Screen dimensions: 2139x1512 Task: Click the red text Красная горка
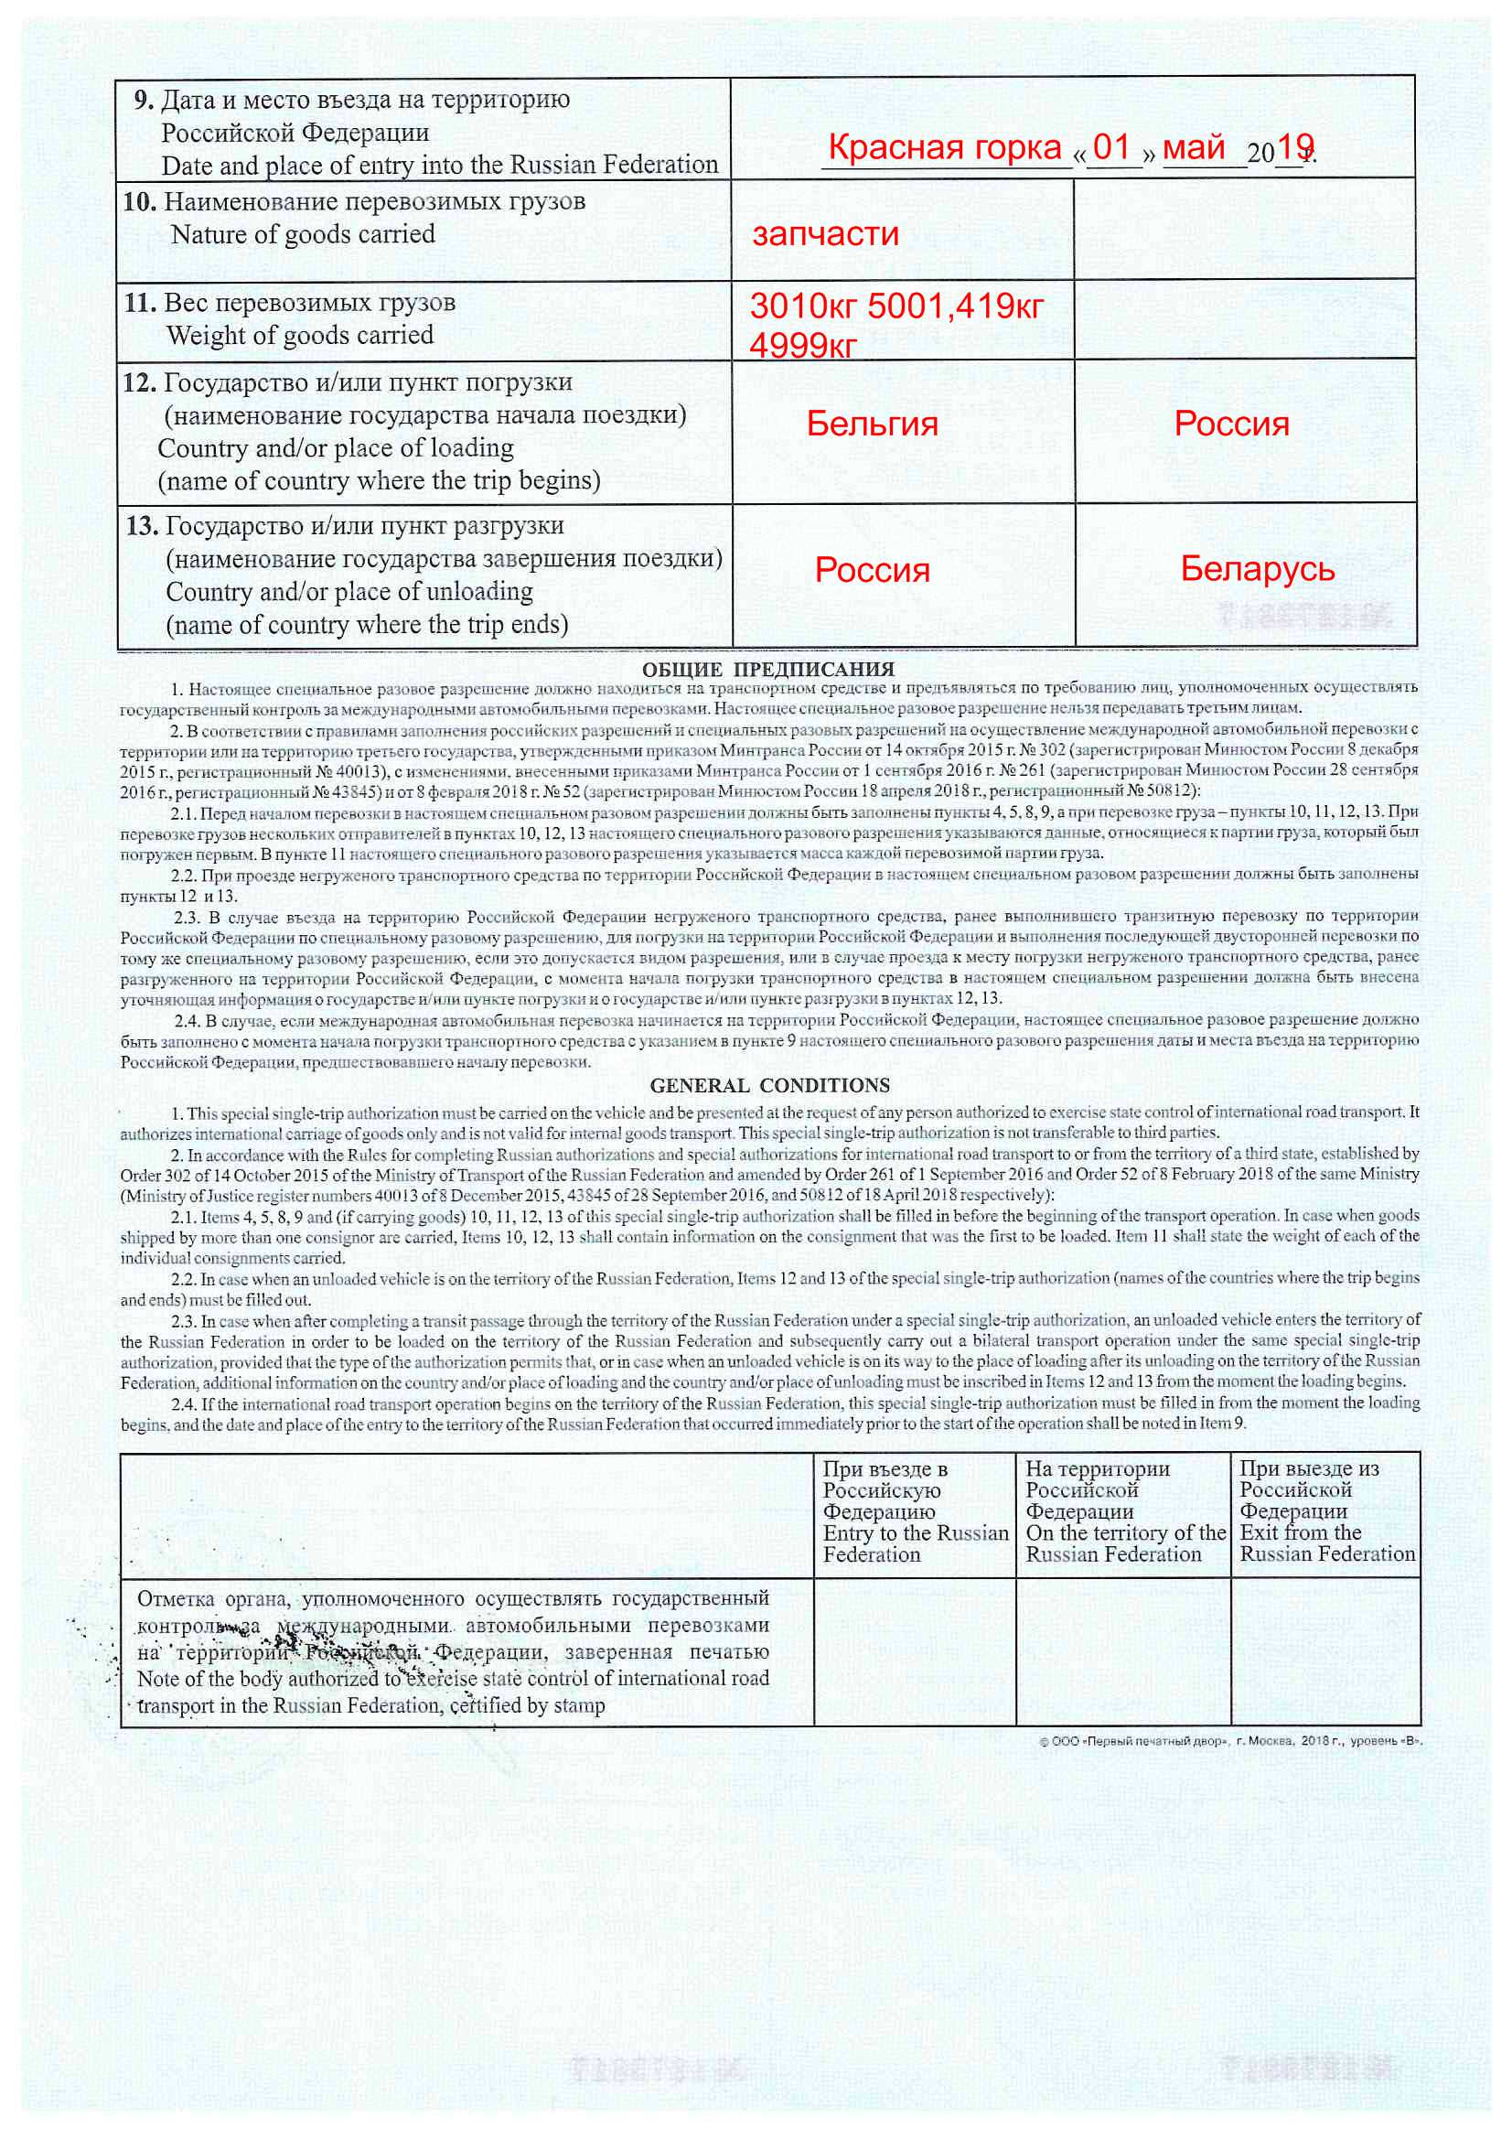tap(944, 147)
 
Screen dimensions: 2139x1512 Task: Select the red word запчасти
tap(825, 233)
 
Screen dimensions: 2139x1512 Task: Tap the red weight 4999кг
tap(802, 346)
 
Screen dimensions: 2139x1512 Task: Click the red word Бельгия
tap(872, 424)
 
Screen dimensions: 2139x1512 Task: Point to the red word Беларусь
tap(1257, 568)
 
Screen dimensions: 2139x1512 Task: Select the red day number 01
tap(1111, 146)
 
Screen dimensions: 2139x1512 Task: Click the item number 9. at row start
tap(143, 100)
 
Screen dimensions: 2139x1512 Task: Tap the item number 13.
tap(142, 526)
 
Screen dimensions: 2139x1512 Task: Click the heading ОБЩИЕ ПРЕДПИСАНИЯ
tap(767, 669)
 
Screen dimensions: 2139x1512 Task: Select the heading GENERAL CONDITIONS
tap(769, 1085)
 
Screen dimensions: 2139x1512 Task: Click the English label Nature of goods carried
tap(303, 234)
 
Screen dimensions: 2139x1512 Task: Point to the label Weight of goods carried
tap(300, 336)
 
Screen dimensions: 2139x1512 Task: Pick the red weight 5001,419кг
tap(955, 306)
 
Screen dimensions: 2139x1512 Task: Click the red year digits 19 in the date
tap(1295, 145)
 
